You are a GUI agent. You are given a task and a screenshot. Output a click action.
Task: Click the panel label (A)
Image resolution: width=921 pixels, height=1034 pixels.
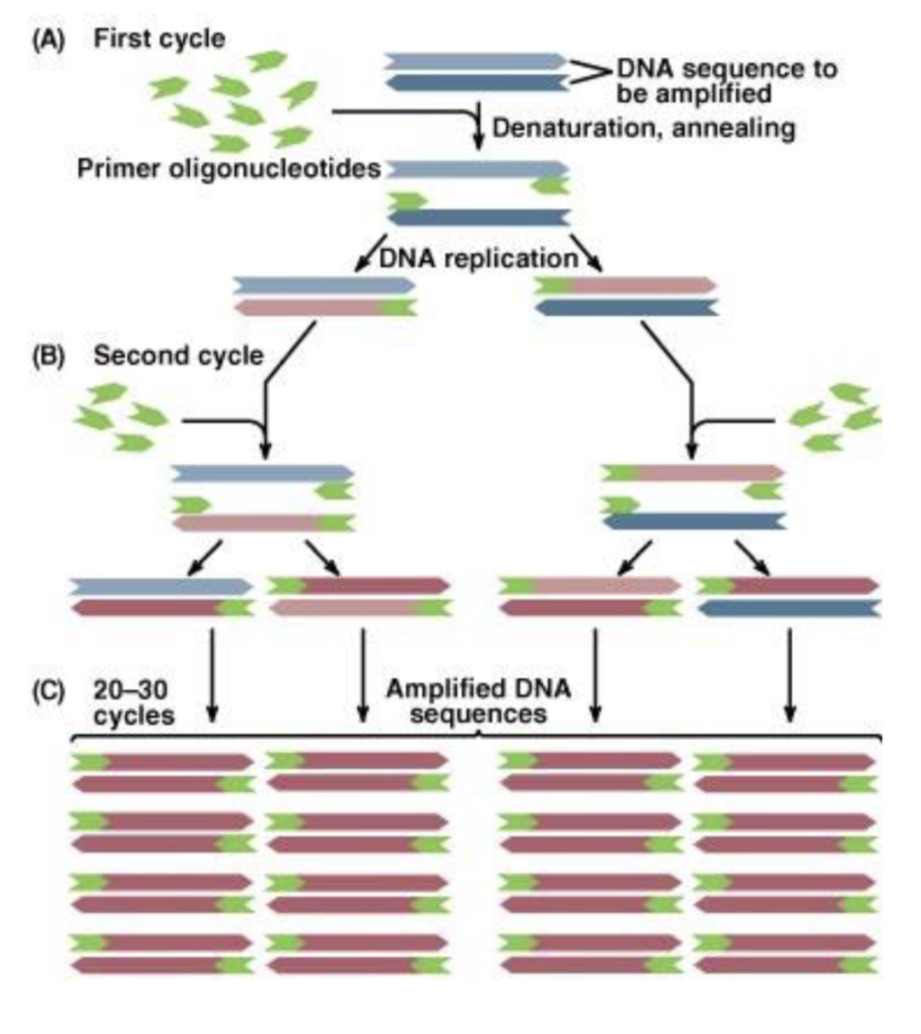pos(47,39)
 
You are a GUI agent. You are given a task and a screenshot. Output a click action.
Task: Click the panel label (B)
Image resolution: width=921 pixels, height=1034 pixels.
pos(47,356)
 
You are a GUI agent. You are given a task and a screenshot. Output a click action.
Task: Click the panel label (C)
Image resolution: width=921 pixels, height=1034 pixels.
pos(47,691)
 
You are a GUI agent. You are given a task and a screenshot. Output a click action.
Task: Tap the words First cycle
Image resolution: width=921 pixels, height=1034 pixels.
pos(159,39)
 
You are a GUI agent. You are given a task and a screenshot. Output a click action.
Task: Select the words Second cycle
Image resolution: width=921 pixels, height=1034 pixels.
pos(178,356)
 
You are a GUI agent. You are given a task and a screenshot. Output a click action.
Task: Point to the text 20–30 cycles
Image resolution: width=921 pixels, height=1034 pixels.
pos(132,703)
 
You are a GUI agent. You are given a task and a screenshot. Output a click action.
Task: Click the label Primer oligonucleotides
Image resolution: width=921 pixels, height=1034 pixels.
pos(230,168)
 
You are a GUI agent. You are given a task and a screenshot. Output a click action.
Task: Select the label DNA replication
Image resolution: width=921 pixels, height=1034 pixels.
pos(478,258)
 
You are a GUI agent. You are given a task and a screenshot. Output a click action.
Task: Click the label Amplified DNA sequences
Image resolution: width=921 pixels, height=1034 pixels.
pos(478,701)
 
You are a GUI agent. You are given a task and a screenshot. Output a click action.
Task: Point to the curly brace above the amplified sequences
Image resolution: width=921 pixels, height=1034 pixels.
pos(478,736)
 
